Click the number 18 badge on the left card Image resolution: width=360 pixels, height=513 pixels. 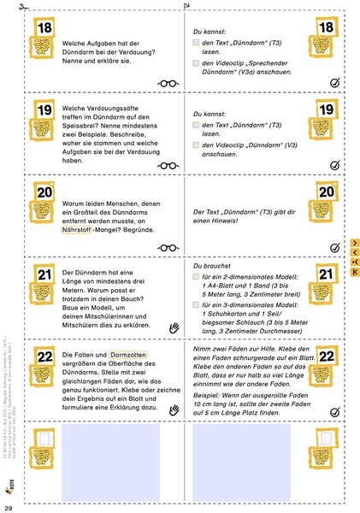click(43, 30)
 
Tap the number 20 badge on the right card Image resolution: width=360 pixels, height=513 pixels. click(326, 193)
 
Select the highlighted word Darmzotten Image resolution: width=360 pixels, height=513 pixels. click(130, 355)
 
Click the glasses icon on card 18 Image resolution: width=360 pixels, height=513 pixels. click(167, 83)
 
